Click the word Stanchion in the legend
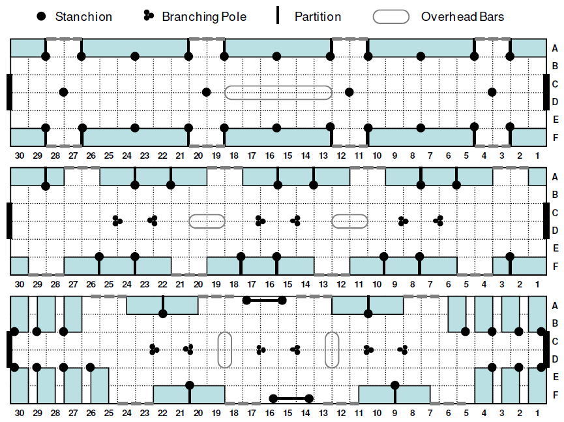[83, 16]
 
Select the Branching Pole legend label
[204, 16]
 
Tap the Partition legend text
[318, 16]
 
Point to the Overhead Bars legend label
[462, 16]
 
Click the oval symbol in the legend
[391, 17]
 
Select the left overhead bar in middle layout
[207, 221]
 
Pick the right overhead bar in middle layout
[349, 221]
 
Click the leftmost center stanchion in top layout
[63, 92]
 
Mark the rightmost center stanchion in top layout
[492, 92]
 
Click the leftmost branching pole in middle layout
[117, 221]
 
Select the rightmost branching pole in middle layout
[438, 220]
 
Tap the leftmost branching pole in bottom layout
[154, 349]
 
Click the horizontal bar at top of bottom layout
[264, 300]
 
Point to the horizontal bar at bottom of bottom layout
[291, 398]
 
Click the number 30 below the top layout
[20, 155]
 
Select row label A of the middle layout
[555, 177]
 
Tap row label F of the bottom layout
[555, 395]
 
